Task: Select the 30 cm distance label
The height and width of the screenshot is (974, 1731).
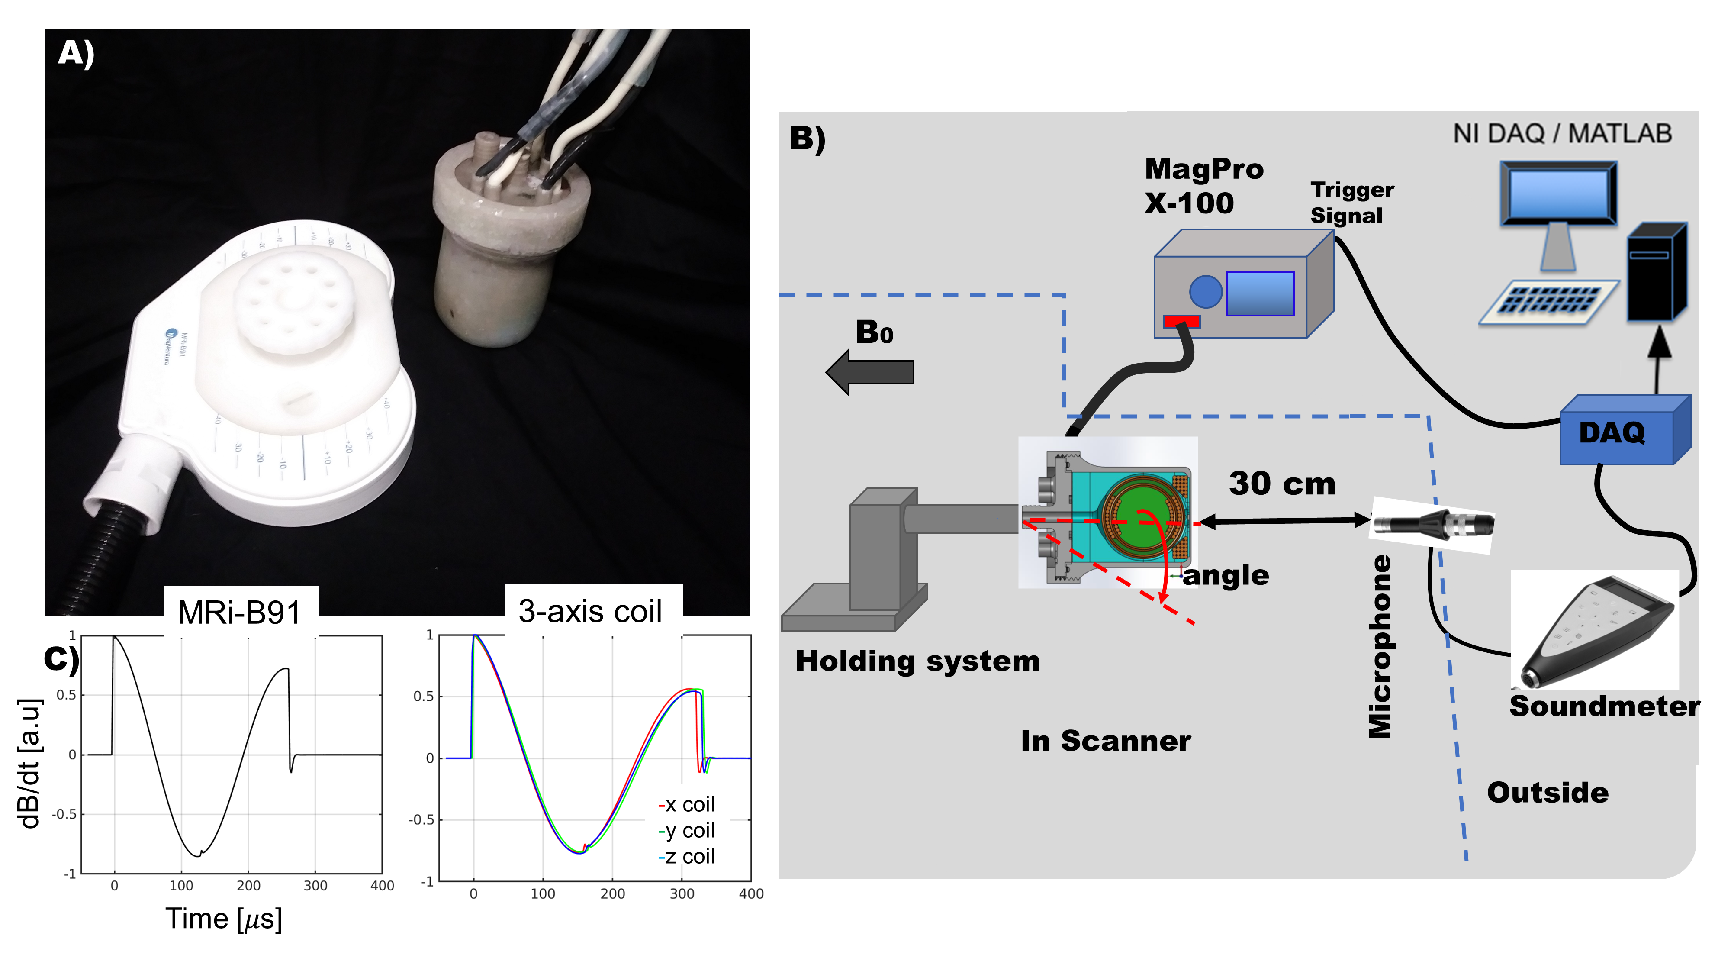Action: [x=1281, y=483]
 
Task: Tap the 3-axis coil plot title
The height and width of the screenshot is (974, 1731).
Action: [x=590, y=611]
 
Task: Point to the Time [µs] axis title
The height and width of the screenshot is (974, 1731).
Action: [x=224, y=918]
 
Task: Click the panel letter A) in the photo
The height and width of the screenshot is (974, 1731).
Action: [x=76, y=53]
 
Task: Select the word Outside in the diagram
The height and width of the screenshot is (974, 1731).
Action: [x=1547, y=793]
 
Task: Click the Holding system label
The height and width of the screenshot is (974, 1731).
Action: [x=917, y=661]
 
